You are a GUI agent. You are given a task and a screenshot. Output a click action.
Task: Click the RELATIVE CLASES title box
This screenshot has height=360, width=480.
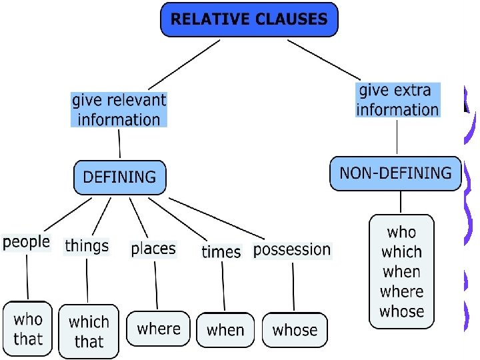coord(249,19)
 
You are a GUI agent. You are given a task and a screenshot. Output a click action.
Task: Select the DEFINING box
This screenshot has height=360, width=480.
coord(119,177)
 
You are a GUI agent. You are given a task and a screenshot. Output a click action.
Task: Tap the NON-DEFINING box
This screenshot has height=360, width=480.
coord(395,173)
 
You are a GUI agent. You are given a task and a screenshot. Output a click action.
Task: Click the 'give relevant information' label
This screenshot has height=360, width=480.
coord(119,110)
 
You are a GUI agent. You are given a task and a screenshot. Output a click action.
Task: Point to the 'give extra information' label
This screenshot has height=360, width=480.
coord(397,100)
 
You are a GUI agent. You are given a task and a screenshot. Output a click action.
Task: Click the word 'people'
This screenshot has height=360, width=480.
coord(27,241)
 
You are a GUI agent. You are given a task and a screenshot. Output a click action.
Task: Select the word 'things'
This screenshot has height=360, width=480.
coord(87,245)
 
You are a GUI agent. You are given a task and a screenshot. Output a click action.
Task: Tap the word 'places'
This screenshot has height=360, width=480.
coord(153,249)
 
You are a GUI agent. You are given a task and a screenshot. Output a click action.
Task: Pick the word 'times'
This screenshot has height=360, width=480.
coord(221,251)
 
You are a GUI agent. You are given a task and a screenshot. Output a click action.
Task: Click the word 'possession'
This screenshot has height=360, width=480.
coord(292,250)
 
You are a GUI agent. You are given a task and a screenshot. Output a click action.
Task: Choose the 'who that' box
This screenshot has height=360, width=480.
coord(28,329)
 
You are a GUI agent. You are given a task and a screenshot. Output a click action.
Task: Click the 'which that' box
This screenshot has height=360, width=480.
coord(89,331)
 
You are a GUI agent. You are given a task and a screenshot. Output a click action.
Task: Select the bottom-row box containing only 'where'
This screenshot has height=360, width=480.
coord(159,329)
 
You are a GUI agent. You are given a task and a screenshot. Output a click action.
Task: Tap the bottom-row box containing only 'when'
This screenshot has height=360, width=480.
coord(225,329)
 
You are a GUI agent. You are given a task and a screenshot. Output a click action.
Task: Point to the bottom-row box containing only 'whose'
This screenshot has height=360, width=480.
coord(295,329)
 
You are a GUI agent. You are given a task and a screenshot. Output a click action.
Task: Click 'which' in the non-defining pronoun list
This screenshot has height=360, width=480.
coord(401,252)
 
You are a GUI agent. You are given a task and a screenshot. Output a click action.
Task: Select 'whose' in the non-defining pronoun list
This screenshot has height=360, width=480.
coord(401,311)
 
